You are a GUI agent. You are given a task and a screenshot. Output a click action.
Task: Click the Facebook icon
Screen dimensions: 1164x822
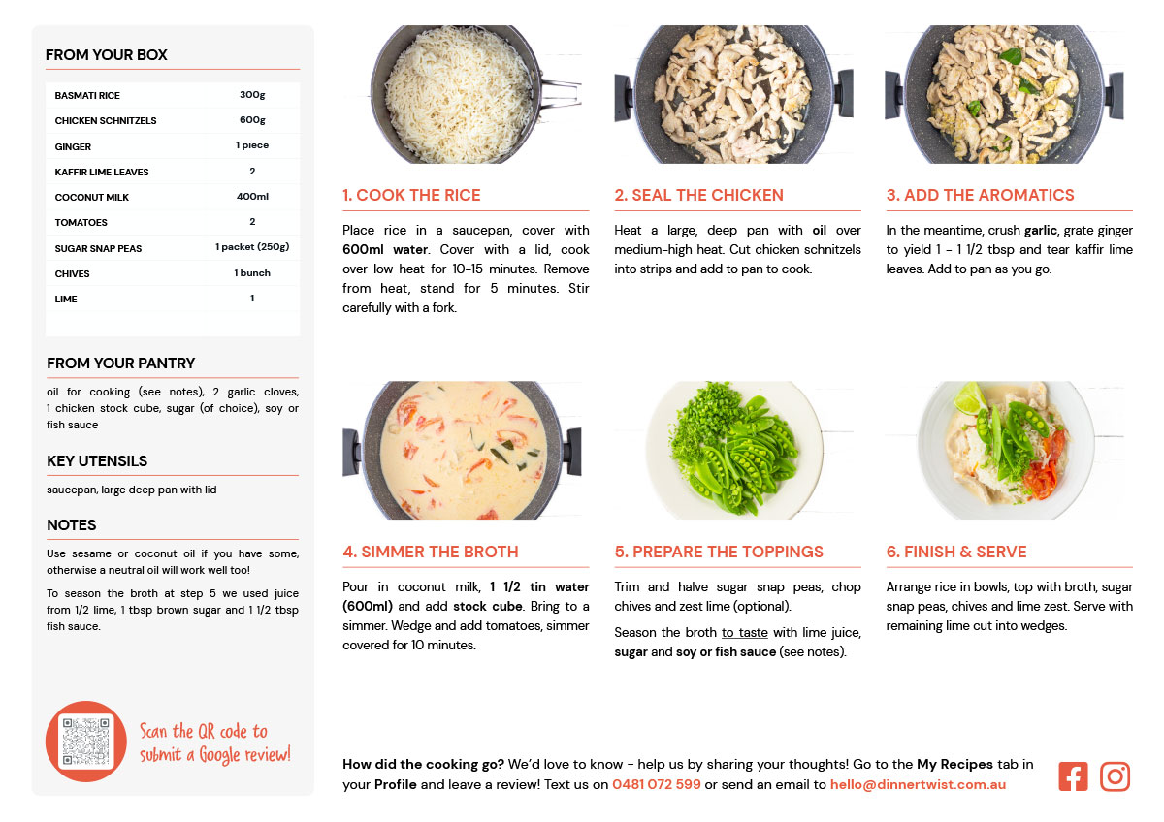pyautogui.click(x=1073, y=776)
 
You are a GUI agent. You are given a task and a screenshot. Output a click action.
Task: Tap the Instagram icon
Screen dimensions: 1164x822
pyautogui.click(x=1115, y=776)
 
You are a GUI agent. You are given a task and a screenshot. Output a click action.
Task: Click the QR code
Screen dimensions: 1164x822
pyautogui.click(x=85, y=742)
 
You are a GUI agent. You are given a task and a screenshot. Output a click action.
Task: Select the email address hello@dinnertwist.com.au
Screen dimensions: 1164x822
pyautogui.click(x=918, y=784)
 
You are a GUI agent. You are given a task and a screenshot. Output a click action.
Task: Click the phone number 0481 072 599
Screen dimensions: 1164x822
pyautogui.click(x=657, y=784)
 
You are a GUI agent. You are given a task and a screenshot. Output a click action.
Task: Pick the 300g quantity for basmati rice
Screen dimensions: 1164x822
pyautogui.click(x=252, y=94)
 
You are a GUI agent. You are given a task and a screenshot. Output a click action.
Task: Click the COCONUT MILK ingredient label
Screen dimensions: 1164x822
pyautogui.click(x=92, y=198)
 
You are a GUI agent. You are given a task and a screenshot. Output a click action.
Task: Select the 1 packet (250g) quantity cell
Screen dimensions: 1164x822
pyautogui.click(x=252, y=246)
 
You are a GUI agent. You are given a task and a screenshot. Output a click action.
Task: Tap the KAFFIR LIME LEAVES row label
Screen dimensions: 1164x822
pyautogui.click(x=102, y=172)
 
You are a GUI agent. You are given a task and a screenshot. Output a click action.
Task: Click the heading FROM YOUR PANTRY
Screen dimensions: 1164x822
pyautogui.click(x=120, y=363)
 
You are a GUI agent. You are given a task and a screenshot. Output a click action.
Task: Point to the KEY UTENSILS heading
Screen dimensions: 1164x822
pyautogui.click(x=97, y=461)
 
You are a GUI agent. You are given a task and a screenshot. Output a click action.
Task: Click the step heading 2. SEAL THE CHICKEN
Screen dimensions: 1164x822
pyautogui.click(x=698, y=195)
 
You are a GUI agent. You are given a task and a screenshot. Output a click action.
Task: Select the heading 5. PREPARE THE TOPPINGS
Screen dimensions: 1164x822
pyautogui.click(x=719, y=552)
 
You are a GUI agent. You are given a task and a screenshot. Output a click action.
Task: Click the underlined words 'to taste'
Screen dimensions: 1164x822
pyautogui.click(x=744, y=632)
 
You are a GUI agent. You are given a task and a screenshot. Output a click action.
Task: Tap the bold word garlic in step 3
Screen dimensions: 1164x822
pyautogui.click(x=1040, y=230)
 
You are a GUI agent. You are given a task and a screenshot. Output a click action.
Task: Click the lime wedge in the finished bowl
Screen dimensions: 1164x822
pyautogui.click(x=971, y=398)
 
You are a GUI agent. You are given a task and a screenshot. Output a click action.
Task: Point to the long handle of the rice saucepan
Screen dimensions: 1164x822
pyautogui.click(x=561, y=93)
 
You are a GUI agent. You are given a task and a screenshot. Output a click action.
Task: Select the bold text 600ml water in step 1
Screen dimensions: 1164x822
pyautogui.click(x=385, y=250)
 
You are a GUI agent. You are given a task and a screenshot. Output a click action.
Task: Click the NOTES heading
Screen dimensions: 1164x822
pyautogui.click(x=72, y=525)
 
